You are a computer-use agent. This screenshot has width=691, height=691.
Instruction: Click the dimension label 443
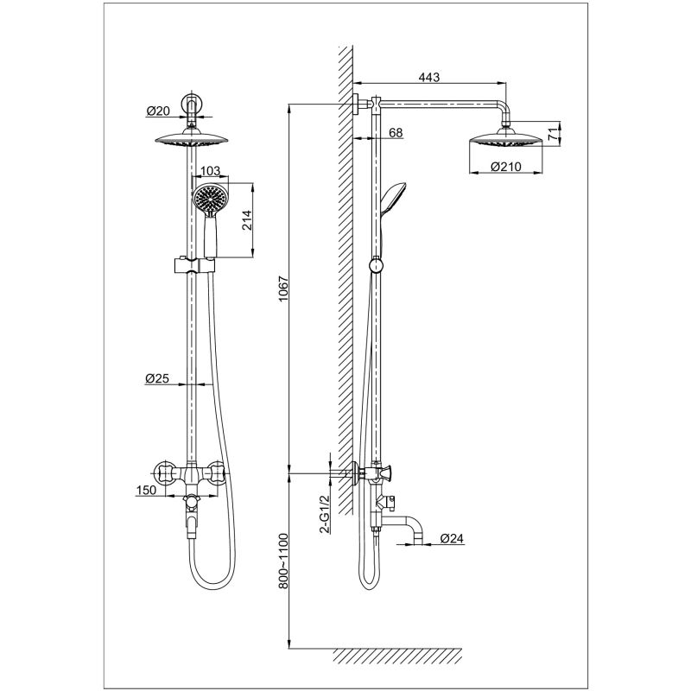pos(428,77)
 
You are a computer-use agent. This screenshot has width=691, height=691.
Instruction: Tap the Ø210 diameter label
pos(505,167)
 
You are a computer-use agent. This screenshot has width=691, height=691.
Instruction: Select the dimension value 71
pos(553,134)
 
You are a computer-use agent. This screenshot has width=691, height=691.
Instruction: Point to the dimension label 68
pos(396,133)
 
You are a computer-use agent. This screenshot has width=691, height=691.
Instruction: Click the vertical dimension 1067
pos(283,288)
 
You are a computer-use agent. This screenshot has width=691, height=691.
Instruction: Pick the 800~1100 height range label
pos(283,561)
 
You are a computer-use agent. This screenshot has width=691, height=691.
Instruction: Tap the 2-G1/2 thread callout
pos(325,514)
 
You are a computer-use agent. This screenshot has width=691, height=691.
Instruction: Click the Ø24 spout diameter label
pos(452,538)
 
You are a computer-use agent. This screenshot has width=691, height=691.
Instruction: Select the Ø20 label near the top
pos(158,111)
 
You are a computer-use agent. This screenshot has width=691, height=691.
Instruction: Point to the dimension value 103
pos(210,170)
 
